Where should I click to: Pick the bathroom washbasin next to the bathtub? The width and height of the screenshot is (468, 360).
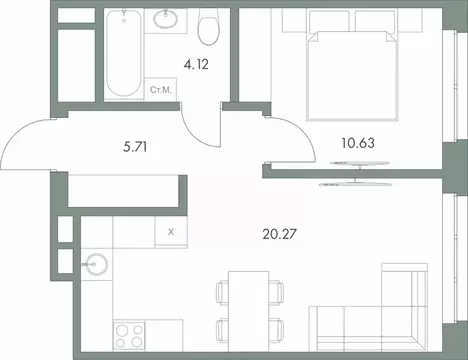tap(163, 25)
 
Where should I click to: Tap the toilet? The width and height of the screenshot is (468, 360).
tap(208, 29)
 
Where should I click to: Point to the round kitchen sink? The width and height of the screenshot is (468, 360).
tap(97, 265)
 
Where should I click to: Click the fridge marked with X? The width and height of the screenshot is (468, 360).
tap(172, 232)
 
